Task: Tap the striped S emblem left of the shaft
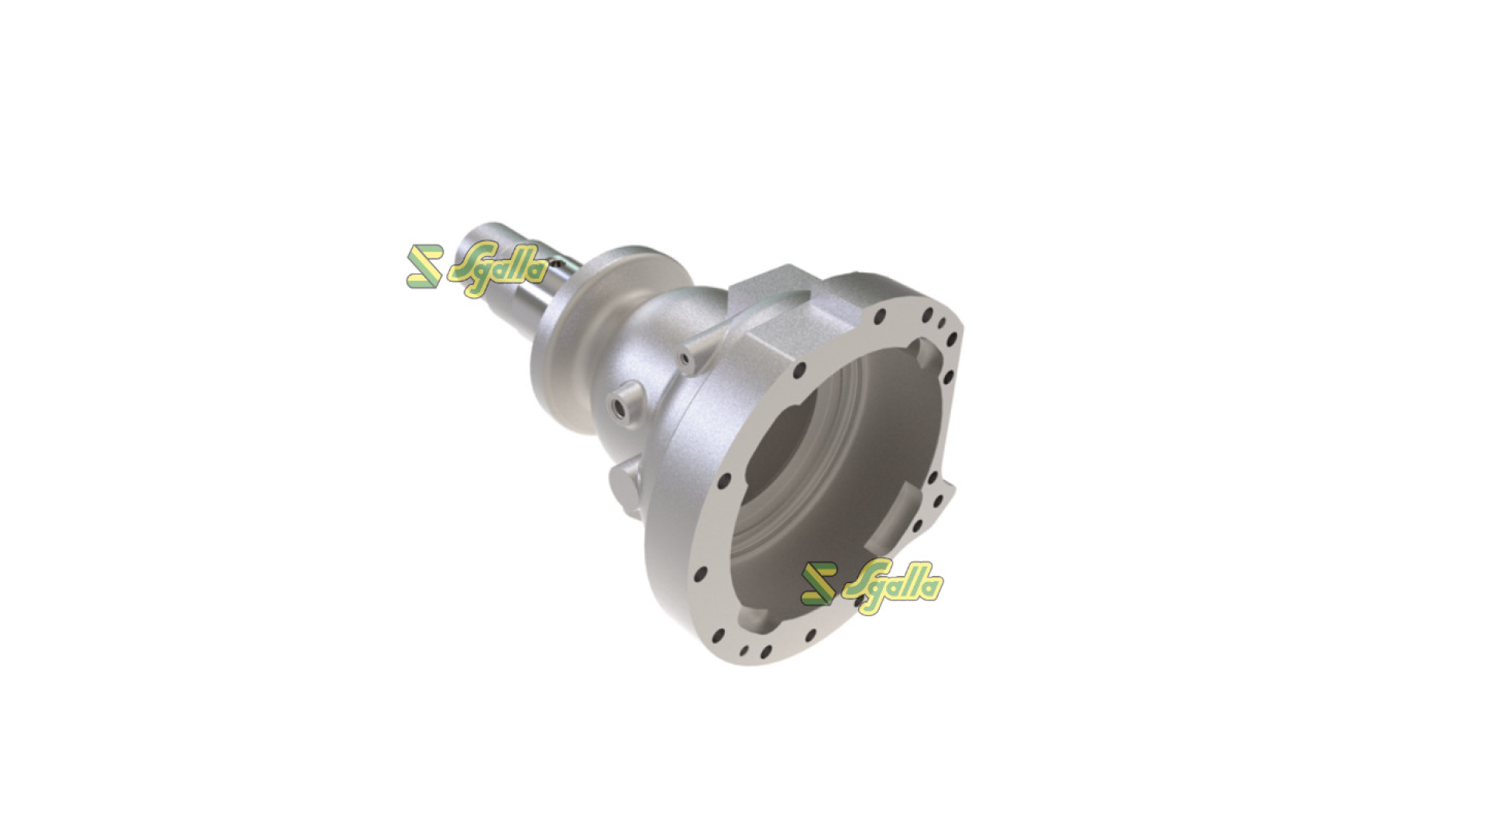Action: point(424,267)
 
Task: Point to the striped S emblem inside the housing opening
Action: point(819,583)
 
